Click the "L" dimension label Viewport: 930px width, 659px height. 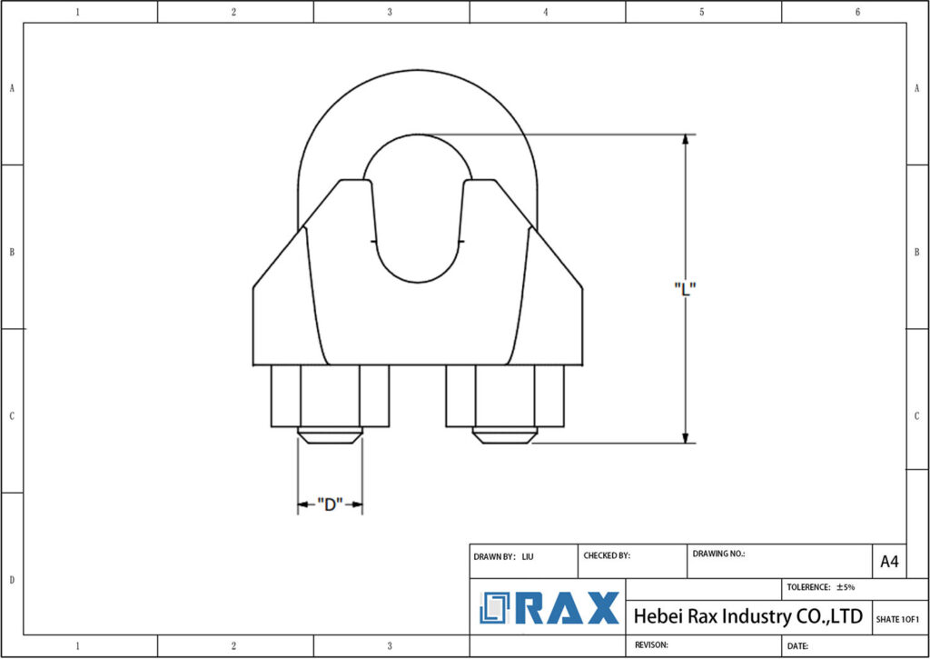(x=685, y=288)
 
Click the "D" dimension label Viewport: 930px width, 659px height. (x=329, y=504)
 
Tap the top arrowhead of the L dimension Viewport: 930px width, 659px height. (x=685, y=142)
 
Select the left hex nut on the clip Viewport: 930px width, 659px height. (x=330, y=395)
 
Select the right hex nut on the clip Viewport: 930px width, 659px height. (x=505, y=395)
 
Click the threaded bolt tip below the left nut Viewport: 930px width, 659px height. (x=330, y=435)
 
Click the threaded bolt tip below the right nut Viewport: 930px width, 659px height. (x=505, y=435)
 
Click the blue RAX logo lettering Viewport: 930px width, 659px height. (x=568, y=609)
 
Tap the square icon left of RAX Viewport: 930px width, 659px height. (x=496, y=608)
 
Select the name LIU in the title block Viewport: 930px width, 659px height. (x=528, y=555)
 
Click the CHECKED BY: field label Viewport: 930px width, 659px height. (x=607, y=555)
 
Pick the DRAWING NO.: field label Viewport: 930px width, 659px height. (x=718, y=553)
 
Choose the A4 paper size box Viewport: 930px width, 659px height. (x=889, y=562)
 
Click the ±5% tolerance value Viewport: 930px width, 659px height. (x=846, y=587)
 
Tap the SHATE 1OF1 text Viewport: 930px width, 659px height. (x=898, y=619)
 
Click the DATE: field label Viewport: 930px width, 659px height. (x=798, y=645)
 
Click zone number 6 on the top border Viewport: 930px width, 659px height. (x=857, y=12)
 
